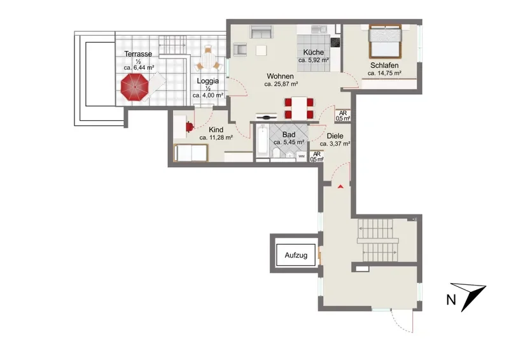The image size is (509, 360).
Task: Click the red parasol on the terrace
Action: pyautogui.click(x=134, y=87)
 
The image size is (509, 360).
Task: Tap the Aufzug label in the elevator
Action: pyautogui.click(x=296, y=255)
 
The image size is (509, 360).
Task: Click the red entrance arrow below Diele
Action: pyautogui.click(x=340, y=186)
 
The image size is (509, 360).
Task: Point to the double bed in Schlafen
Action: pyautogui.click(x=385, y=41)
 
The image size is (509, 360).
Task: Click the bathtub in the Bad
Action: pyautogui.click(x=262, y=142)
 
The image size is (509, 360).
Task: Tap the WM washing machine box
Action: pyautogui.click(x=302, y=156)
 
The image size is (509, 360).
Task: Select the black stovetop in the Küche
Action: pyautogui.click(x=335, y=42)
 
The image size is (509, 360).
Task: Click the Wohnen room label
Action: pyautogui.click(x=280, y=76)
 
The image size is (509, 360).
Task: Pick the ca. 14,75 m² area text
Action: pyautogui.click(x=384, y=73)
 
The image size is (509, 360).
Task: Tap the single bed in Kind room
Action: pyautogui.click(x=191, y=153)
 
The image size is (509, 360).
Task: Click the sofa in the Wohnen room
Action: pyautogui.click(x=261, y=32)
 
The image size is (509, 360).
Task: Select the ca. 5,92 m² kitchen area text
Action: pyautogui.click(x=314, y=60)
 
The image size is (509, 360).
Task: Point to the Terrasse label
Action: pyautogui.click(x=138, y=54)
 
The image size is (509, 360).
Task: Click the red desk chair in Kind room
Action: pyautogui.click(x=190, y=127)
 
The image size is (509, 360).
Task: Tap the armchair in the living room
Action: pyautogui.click(x=240, y=49)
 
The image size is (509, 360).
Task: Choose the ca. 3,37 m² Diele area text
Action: pyautogui.click(x=335, y=144)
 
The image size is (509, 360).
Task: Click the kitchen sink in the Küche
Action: pyautogui.click(x=319, y=29)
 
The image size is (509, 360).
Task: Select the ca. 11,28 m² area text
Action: pyautogui.click(x=216, y=137)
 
